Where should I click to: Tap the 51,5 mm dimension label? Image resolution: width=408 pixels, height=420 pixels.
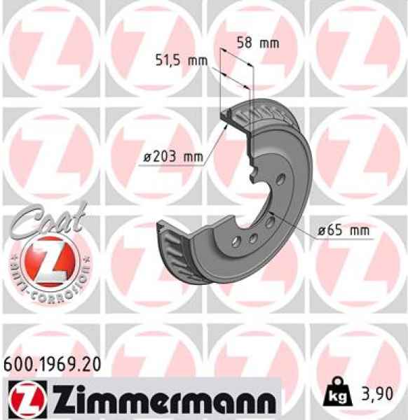181,60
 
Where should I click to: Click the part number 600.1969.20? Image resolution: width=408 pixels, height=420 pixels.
53,363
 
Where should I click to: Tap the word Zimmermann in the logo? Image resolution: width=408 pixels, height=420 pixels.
153,400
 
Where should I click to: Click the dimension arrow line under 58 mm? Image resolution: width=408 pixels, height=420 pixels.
237,57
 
